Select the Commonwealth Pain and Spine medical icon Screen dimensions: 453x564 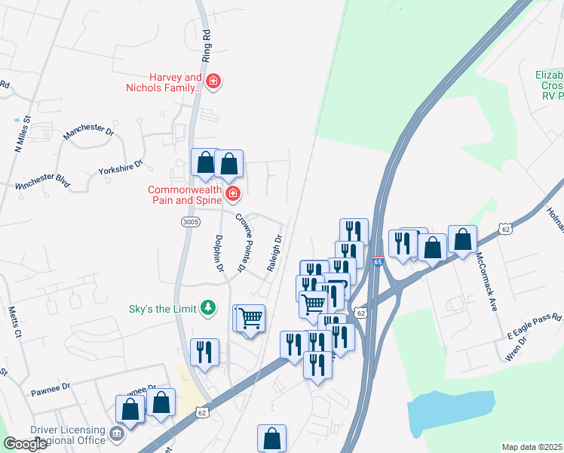tap(233, 195)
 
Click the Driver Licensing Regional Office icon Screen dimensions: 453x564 tap(117, 434)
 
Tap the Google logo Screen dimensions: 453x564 tap(26, 444)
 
